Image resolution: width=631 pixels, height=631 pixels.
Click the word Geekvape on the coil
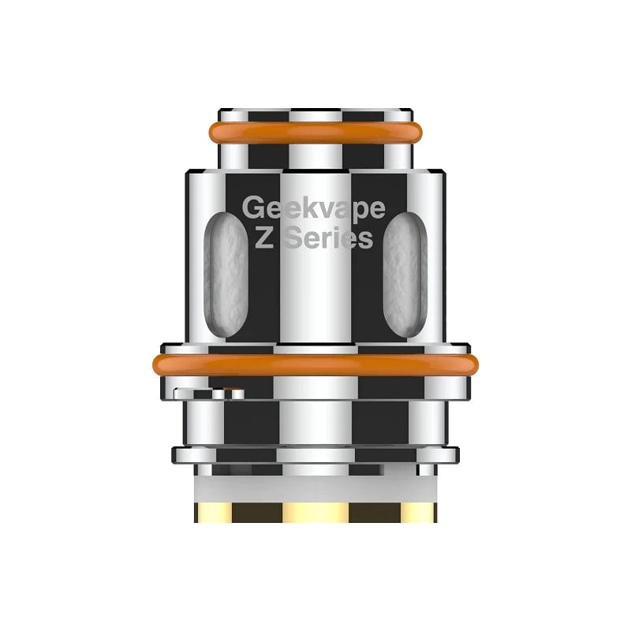click(313, 207)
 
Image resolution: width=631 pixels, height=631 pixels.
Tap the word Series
click(328, 238)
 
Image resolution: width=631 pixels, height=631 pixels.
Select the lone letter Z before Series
click(266, 238)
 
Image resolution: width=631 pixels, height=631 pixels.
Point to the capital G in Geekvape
click(253, 207)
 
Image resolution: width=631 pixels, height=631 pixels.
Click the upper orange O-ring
click(315, 133)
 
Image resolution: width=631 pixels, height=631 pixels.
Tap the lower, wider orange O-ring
click(315, 364)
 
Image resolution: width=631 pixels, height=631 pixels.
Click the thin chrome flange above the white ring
click(315, 455)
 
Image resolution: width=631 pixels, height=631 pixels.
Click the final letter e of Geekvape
click(376, 207)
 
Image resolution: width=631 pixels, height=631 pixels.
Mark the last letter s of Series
click(364, 240)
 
